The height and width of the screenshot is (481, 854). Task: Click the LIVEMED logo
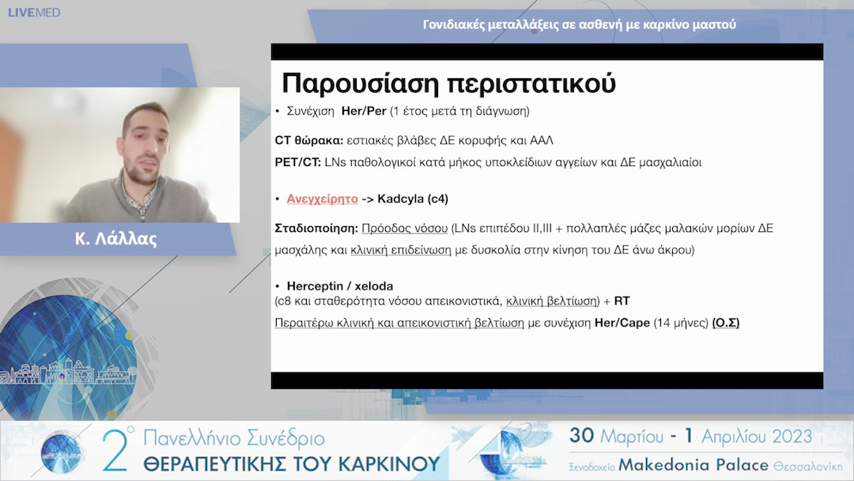tap(34, 13)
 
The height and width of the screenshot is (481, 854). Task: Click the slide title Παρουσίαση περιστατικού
tap(448, 83)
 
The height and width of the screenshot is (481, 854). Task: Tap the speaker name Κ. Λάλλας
tap(116, 239)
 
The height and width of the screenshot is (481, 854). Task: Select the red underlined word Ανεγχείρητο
tap(322, 199)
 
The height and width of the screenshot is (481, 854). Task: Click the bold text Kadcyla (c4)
tap(413, 199)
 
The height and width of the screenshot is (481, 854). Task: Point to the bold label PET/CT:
tap(297, 162)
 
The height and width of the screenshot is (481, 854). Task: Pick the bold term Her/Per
tap(364, 112)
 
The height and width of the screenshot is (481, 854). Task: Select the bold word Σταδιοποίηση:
tap(316, 228)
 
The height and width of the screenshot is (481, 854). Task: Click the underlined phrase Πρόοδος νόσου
tap(404, 228)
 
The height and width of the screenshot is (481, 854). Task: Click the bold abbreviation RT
tap(622, 301)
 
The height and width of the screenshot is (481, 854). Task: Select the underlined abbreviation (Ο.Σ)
tap(725, 323)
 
